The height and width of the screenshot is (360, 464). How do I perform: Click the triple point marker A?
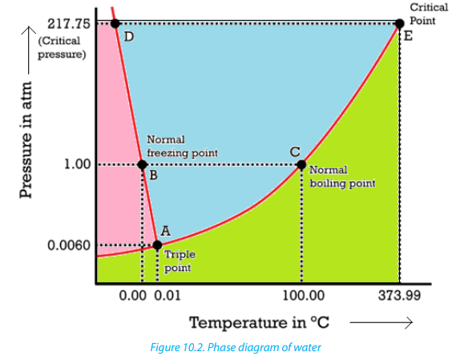tap(157, 245)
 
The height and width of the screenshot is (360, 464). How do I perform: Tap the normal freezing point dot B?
tap(143, 164)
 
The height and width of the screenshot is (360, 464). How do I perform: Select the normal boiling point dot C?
tap(301, 164)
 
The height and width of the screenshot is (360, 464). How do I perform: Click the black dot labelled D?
tap(115, 23)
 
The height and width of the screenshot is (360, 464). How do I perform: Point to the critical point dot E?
tap(400, 23)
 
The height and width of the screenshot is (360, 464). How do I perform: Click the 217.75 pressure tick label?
tap(69, 23)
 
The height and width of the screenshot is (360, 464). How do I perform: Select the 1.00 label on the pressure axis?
tap(78, 164)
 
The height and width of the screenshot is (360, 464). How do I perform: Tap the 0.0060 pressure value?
tap(69, 245)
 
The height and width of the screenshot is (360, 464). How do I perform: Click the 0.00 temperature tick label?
tap(132, 296)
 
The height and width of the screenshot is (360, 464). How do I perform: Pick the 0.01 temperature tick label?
tap(167, 296)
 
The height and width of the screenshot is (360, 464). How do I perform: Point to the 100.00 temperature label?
tap(303, 296)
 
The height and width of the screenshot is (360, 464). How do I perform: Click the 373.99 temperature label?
tap(399, 296)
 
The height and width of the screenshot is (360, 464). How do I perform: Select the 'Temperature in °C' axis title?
tap(259, 322)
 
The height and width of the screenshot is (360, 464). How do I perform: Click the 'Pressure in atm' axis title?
tap(26, 140)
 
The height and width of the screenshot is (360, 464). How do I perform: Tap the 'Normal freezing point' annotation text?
tap(182, 146)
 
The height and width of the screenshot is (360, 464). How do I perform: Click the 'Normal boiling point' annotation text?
tap(342, 176)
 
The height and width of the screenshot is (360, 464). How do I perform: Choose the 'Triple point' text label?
tap(180, 261)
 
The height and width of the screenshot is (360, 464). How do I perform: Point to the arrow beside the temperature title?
tap(381, 322)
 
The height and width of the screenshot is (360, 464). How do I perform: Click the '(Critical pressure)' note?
tap(62, 47)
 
